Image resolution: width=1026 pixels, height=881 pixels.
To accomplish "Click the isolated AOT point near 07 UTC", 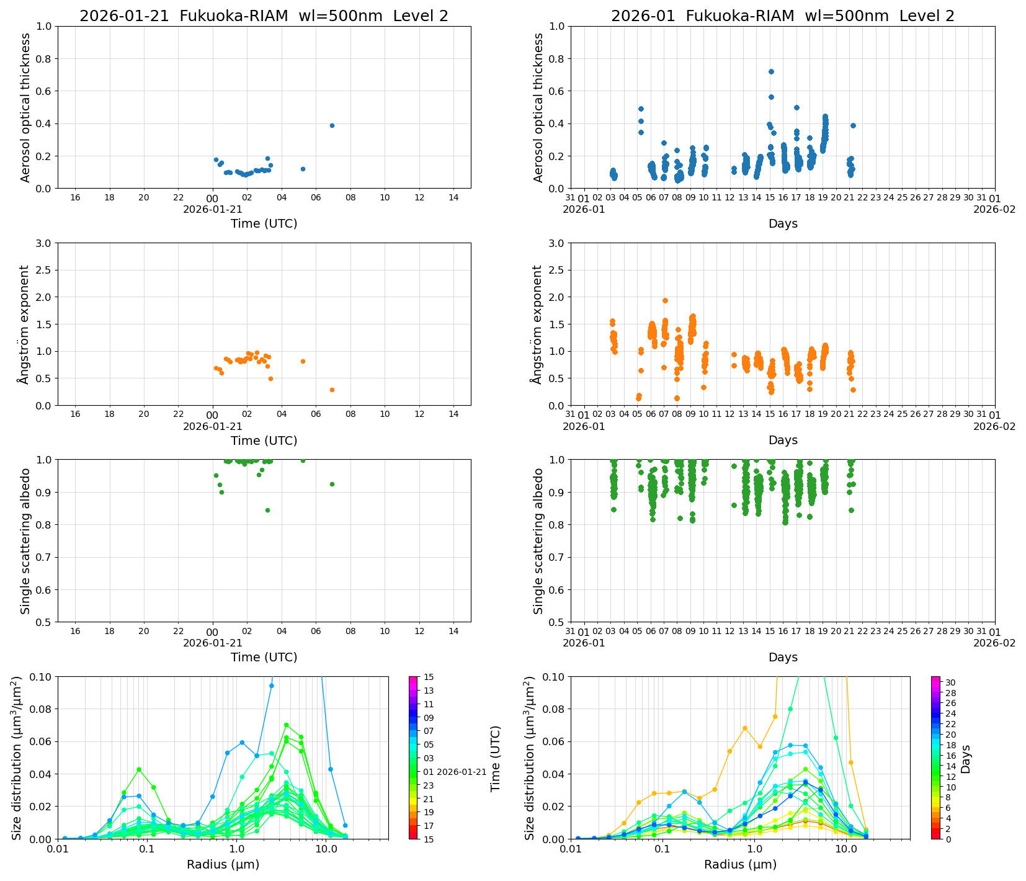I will click(x=332, y=125).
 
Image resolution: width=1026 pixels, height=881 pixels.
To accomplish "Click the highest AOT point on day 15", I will click(x=771, y=71).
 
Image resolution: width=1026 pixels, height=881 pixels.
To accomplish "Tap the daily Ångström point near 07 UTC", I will click(x=332, y=390).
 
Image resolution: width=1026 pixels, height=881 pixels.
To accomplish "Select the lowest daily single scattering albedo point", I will click(x=267, y=510).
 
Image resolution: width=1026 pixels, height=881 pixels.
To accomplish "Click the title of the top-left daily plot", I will click(x=264, y=16).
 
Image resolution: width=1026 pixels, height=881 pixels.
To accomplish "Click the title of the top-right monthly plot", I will click(x=782, y=16).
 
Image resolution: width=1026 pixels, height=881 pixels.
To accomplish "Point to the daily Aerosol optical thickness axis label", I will click(x=25, y=107).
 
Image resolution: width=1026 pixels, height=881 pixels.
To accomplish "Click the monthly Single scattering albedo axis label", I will click(x=538, y=541).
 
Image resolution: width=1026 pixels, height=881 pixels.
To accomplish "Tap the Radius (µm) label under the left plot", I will click(x=223, y=864).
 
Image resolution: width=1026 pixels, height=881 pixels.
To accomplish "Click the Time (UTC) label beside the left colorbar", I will click(x=495, y=758).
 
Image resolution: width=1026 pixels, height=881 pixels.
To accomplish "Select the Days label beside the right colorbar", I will click(x=965, y=758).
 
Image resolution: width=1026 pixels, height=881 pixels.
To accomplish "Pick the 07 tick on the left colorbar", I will click(x=429, y=731).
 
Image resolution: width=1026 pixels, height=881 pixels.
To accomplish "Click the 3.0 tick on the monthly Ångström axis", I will click(x=556, y=243).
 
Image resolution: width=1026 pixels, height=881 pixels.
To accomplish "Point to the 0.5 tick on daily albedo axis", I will click(x=43, y=622).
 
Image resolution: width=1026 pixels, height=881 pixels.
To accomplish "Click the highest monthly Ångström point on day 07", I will click(x=665, y=300).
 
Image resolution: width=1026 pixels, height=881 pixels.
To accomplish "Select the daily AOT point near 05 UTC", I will click(x=303, y=169).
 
